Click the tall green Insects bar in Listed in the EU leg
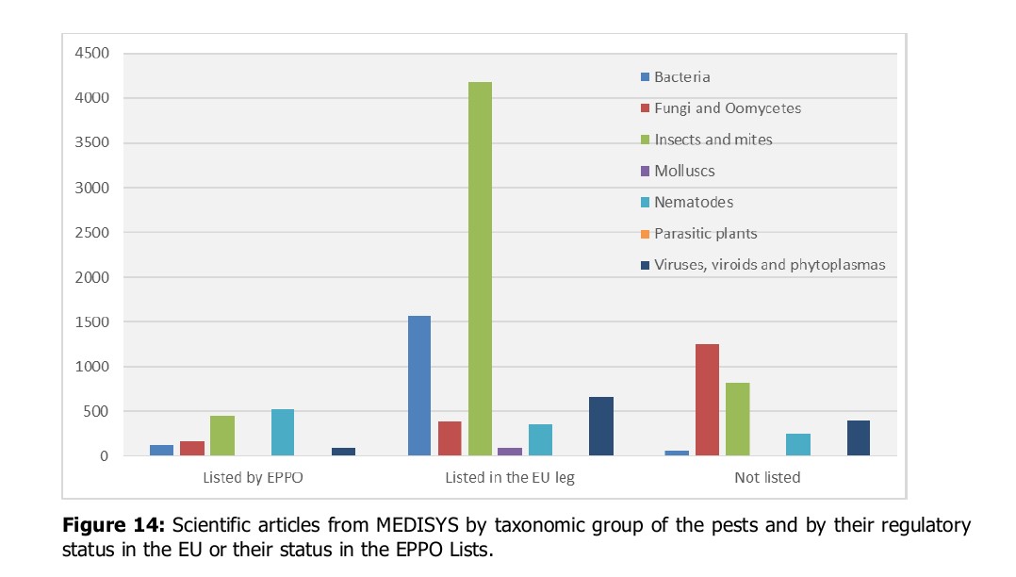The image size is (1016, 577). pyautogui.click(x=480, y=269)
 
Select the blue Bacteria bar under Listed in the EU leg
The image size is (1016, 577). pyautogui.click(x=418, y=386)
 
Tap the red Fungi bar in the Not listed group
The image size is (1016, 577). pyautogui.click(x=707, y=400)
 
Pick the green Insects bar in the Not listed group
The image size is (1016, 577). pyautogui.click(x=737, y=420)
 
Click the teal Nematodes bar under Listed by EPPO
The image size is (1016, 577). pyautogui.click(x=283, y=433)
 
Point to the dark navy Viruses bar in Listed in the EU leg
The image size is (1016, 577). pyautogui.click(x=600, y=426)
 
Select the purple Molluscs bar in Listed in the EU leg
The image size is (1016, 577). pyautogui.click(x=510, y=452)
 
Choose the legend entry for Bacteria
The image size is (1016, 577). pyautogui.click(x=681, y=77)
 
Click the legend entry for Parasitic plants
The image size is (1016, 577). pyautogui.click(x=705, y=234)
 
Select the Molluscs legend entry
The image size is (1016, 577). pyautogui.click(x=684, y=171)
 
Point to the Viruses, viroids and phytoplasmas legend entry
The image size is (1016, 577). pyautogui.click(x=769, y=265)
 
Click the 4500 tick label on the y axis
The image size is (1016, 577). pyautogui.click(x=91, y=53)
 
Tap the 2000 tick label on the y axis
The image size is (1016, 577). pyautogui.click(x=91, y=277)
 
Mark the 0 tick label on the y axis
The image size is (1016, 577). pyautogui.click(x=103, y=456)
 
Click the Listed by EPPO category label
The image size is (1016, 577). pyautogui.click(x=253, y=478)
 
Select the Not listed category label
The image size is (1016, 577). pyautogui.click(x=767, y=478)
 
